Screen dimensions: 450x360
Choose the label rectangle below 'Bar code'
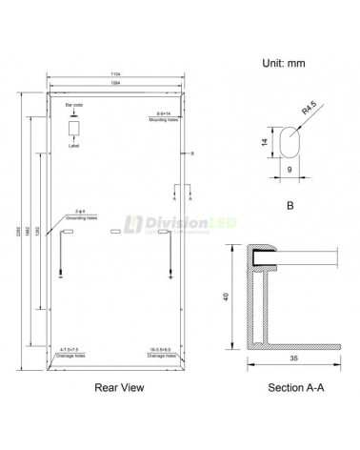[74, 130]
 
